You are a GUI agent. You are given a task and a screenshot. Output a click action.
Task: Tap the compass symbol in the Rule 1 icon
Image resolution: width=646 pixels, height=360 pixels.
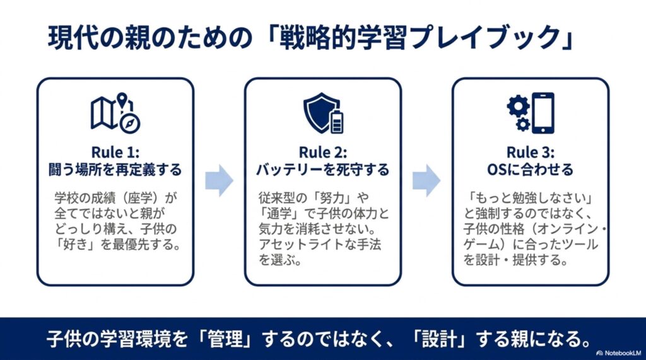pos(130,123)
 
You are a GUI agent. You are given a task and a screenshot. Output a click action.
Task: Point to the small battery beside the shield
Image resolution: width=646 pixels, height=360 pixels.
pos(337,122)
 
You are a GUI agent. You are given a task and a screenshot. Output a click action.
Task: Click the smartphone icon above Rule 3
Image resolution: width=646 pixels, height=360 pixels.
pos(543,113)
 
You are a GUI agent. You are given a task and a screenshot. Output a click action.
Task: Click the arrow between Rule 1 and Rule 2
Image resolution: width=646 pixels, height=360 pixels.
pos(219,180)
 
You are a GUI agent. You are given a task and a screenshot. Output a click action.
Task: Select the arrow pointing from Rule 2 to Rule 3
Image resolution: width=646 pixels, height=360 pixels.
pos(426,180)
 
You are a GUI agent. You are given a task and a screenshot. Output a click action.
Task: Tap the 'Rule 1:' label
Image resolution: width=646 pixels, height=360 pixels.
pos(115,153)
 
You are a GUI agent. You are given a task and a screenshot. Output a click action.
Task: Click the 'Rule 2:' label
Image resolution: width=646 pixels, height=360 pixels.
pos(323,153)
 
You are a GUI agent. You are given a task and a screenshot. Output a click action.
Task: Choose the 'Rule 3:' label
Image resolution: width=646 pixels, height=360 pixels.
pos(531,153)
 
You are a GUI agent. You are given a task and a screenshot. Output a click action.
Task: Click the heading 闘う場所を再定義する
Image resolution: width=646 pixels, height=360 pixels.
pos(115,170)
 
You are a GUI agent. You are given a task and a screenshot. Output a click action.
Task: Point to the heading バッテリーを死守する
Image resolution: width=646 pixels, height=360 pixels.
pos(323,170)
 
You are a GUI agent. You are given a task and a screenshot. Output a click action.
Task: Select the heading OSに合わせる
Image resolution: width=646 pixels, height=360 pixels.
pos(531,170)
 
